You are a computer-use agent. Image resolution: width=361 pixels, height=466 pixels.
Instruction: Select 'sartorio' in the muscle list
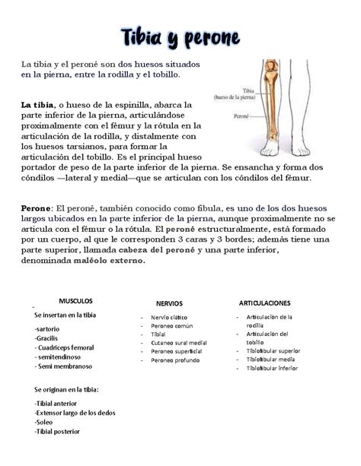pyautogui.click(x=50, y=328)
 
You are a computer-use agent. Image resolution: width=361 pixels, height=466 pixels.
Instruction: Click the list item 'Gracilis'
pyautogui.click(x=50, y=338)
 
